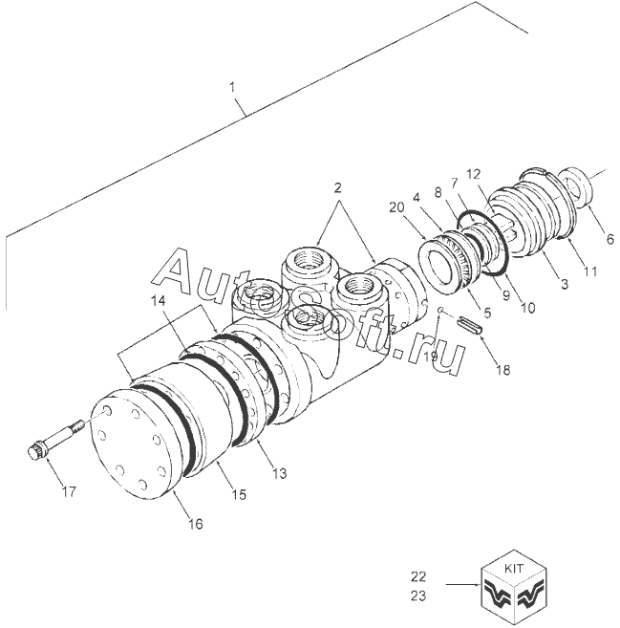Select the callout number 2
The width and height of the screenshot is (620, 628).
click(x=337, y=189)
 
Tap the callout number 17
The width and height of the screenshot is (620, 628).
click(x=69, y=491)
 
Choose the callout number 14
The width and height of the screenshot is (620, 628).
click(x=156, y=301)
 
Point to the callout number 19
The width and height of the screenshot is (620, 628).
click(x=433, y=356)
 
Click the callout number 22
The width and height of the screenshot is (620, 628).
click(x=417, y=576)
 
